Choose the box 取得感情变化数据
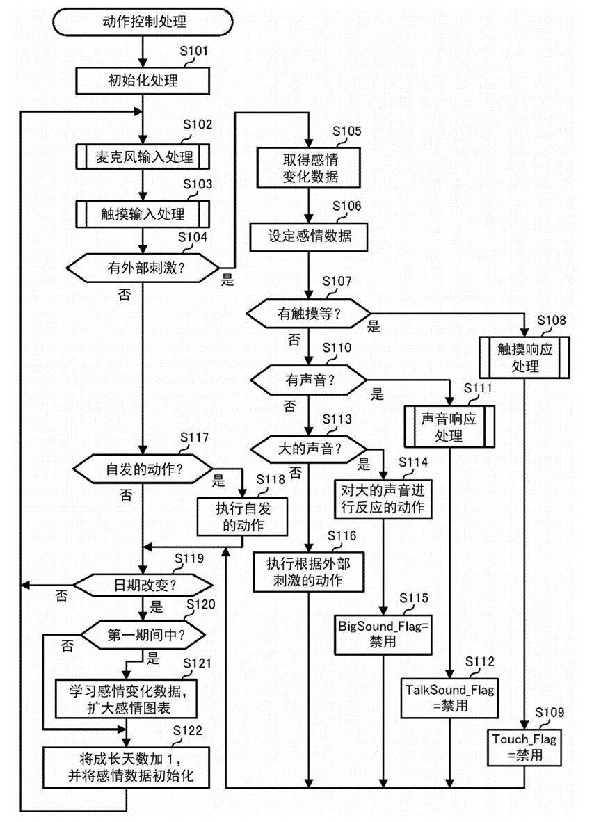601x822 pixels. [x=310, y=166]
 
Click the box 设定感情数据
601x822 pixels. [x=310, y=236]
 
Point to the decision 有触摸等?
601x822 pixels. [x=309, y=314]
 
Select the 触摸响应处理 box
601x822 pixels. [x=523, y=355]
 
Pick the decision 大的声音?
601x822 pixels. [x=309, y=449]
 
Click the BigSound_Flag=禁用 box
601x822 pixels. [x=384, y=633]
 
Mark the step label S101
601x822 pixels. [x=194, y=50]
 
